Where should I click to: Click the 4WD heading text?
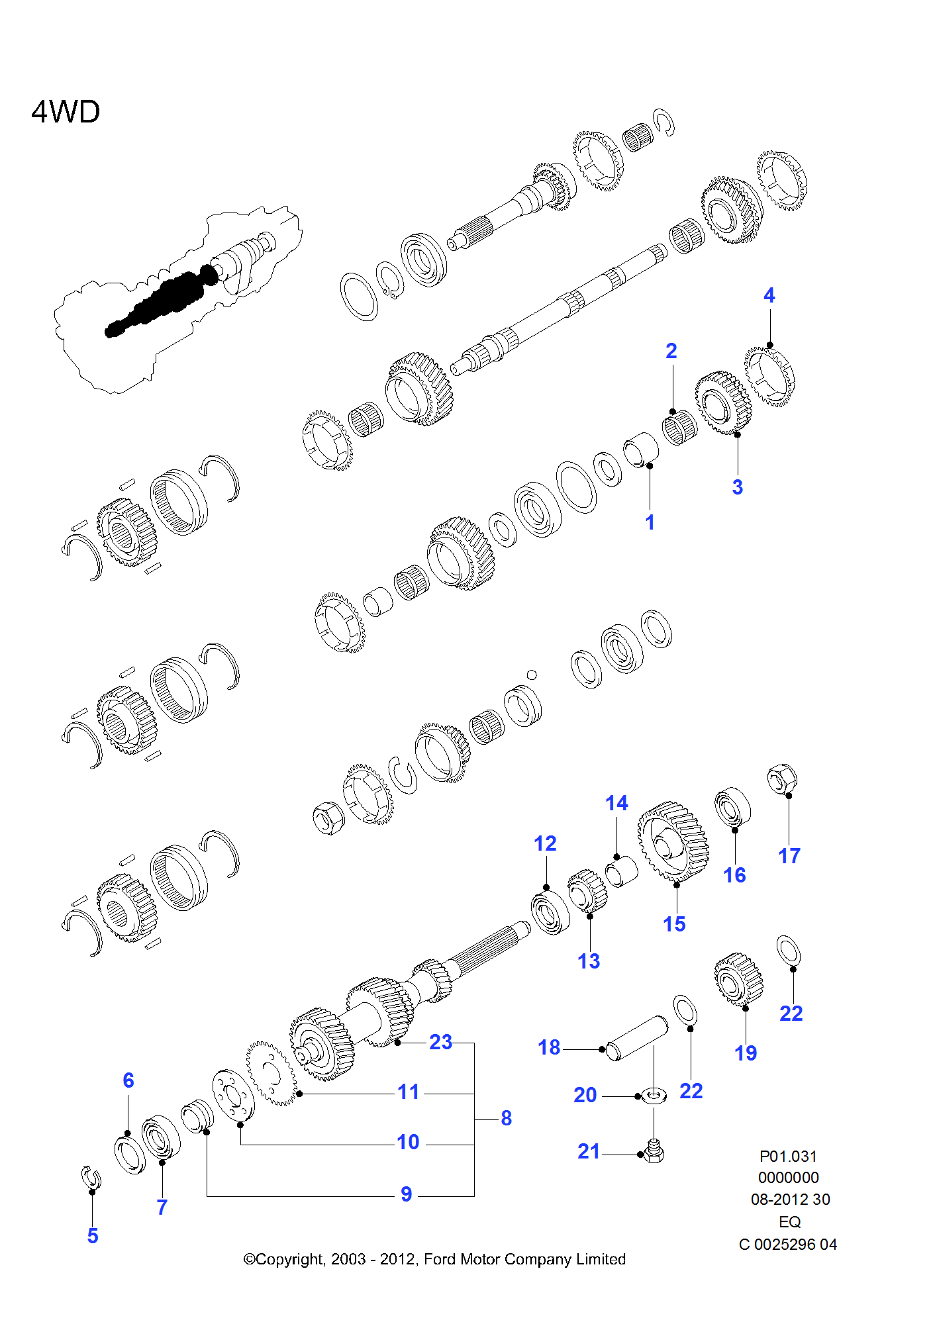click(x=66, y=112)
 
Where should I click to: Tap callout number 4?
click(x=769, y=295)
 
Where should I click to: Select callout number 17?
click(x=789, y=856)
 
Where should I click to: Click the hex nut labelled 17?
click(x=781, y=779)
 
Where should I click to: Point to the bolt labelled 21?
click(x=654, y=1153)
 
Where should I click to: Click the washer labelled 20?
click(x=654, y=1096)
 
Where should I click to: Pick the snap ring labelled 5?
click(x=91, y=1177)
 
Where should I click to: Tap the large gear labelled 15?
click(x=673, y=842)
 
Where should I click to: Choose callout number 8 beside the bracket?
click(x=506, y=1118)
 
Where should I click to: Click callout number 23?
click(x=440, y=1042)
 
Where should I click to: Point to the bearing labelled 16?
click(x=732, y=806)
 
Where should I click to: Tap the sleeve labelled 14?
click(x=622, y=871)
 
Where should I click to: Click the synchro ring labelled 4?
click(x=769, y=375)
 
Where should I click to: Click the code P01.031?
click(x=788, y=1157)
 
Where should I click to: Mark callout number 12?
click(x=545, y=843)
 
